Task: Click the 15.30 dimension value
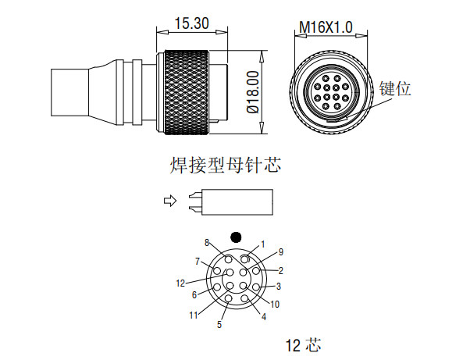point(192,23)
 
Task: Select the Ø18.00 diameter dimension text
point(253,92)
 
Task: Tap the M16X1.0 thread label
point(326,27)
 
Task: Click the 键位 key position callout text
point(395,88)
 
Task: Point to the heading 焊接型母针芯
point(226,165)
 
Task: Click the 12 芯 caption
point(303,344)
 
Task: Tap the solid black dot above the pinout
point(236,237)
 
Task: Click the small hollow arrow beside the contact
point(170,201)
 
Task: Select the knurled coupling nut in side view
point(187,92)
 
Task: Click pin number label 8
point(207,242)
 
